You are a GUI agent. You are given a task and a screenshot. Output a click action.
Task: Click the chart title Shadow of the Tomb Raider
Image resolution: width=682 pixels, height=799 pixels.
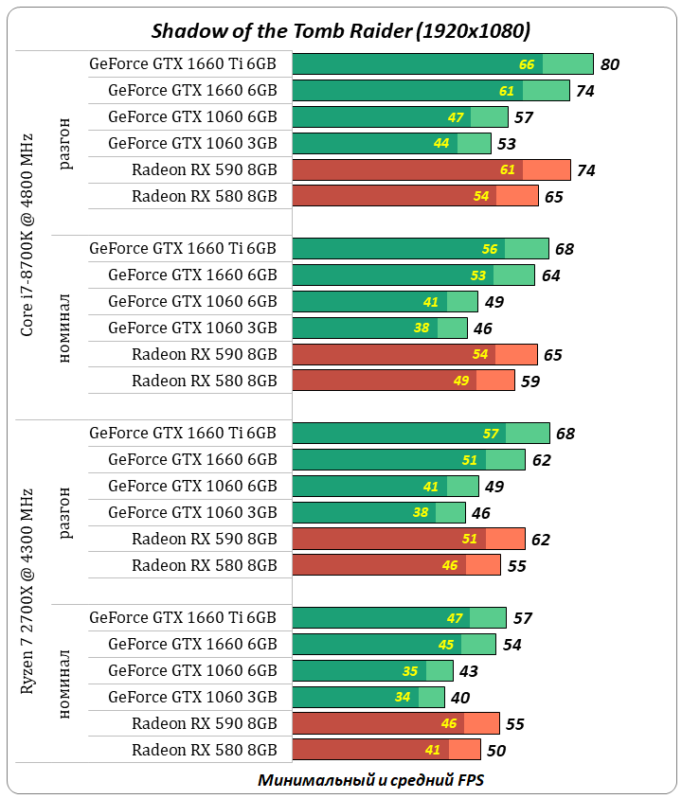click(x=341, y=30)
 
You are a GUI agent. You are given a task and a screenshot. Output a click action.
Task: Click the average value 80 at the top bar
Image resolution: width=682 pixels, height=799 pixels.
click(x=610, y=64)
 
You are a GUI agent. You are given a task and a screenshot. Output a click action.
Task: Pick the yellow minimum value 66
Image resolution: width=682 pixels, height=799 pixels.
click(x=528, y=64)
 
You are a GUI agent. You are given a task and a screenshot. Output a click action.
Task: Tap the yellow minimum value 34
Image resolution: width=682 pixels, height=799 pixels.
click(x=403, y=698)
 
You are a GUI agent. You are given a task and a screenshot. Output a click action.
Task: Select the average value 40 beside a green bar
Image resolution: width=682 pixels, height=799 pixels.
click(x=460, y=698)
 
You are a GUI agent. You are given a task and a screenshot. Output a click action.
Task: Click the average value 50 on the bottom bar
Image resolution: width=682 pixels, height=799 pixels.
click(x=496, y=751)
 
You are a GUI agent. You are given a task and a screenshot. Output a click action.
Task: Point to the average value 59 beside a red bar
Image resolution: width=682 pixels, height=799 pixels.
click(x=530, y=381)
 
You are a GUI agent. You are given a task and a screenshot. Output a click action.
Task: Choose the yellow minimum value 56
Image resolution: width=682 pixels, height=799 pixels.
click(x=490, y=249)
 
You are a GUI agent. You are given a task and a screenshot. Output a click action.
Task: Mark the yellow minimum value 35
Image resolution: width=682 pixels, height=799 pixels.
click(x=410, y=671)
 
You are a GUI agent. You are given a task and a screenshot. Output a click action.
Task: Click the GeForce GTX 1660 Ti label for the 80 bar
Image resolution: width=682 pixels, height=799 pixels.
click(x=183, y=64)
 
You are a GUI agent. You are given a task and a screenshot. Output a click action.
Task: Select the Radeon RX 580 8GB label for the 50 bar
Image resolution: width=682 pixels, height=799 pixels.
click(x=205, y=750)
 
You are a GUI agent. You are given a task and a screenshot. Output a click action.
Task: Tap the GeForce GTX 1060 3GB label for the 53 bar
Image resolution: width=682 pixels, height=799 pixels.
click(x=192, y=143)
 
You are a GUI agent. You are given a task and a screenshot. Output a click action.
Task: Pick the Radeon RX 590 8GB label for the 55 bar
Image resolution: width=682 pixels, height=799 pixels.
click(x=205, y=723)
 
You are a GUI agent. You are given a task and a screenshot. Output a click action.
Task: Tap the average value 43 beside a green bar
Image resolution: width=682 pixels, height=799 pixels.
click(x=469, y=671)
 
